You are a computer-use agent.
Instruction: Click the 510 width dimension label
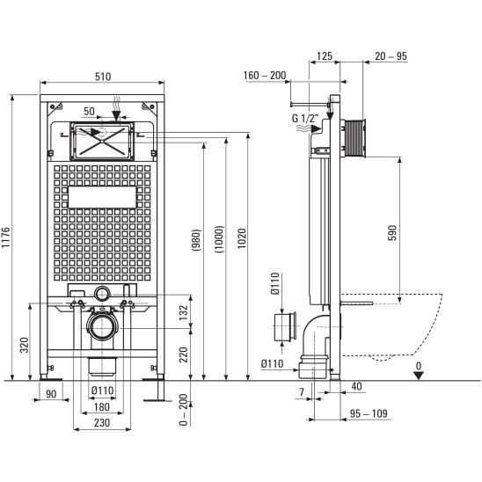(103, 77)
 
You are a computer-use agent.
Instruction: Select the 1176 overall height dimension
(6, 237)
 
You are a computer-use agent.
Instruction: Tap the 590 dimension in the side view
(392, 232)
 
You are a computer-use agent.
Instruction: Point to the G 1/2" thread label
(305, 119)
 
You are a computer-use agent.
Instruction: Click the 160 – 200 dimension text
(265, 76)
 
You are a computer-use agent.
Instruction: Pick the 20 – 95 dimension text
(391, 56)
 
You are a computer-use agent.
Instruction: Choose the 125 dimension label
(325, 56)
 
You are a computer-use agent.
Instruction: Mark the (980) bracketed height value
(196, 240)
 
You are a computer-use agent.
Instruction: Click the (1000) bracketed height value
(220, 239)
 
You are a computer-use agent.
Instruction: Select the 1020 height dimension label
(242, 238)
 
